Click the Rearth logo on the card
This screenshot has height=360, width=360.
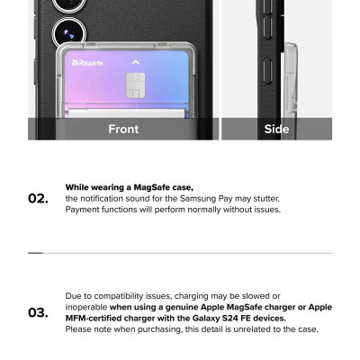87,63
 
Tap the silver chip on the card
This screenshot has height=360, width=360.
136,85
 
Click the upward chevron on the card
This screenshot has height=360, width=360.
136,62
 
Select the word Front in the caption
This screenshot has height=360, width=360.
123,129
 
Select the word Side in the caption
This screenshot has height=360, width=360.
276,129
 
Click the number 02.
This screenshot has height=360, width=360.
38,199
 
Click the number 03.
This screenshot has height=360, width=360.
38,312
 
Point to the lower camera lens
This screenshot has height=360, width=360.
69,33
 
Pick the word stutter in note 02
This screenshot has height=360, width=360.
266,199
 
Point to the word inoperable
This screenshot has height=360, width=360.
86,308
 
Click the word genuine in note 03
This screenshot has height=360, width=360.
182,308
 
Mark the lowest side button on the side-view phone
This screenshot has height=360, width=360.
268,71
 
